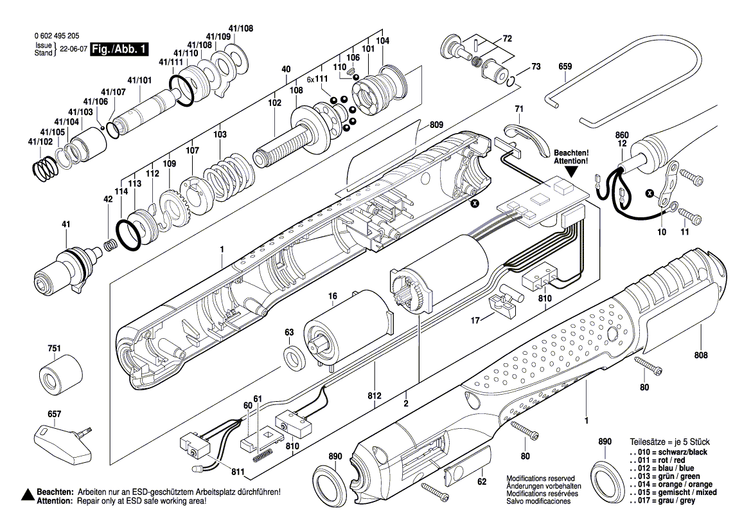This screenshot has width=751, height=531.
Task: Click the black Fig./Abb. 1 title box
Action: point(119,50)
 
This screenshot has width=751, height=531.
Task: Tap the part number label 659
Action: point(565,66)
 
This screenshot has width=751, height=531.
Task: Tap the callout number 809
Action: point(437,124)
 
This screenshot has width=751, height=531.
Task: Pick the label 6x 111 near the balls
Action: point(317,79)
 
